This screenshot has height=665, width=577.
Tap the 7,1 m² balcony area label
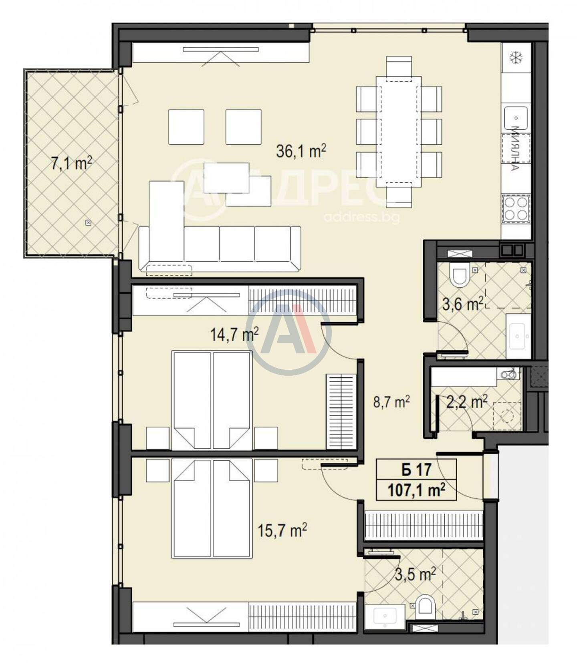point(72,163)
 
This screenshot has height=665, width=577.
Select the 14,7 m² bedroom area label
point(234,334)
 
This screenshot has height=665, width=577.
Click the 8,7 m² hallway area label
point(391,402)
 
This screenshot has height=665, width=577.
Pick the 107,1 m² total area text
point(416,490)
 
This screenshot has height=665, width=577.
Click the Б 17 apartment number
point(416,470)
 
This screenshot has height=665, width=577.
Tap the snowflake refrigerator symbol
point(516,58)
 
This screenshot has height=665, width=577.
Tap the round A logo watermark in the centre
point(288,332)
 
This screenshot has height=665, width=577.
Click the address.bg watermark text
point(361,218)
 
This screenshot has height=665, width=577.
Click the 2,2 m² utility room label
point(466,402)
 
